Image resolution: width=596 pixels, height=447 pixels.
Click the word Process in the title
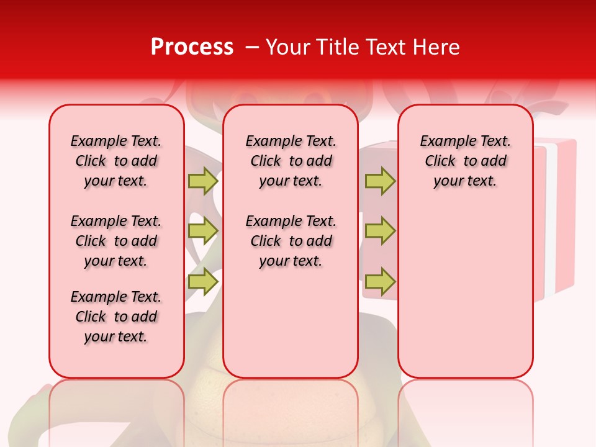pos(192,47)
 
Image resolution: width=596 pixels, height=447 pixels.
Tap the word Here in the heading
pos(436,47)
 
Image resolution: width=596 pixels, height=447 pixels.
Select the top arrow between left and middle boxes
pos(203,181)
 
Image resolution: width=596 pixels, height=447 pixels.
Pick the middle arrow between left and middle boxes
pos(203,231)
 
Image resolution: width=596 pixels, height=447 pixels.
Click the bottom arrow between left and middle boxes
pos(203,282)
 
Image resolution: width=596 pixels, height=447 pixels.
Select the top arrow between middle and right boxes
pos(380,181)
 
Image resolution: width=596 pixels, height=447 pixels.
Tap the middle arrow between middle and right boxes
pos(380,231)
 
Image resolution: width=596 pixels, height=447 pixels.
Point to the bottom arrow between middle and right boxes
pos(380,282)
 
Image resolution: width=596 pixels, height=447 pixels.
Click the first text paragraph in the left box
pos(116,161)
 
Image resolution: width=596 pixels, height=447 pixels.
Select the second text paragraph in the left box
pos(116,241)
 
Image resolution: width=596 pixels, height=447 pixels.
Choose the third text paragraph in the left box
pos(116,317)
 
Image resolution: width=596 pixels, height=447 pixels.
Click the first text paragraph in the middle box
pos(291,161)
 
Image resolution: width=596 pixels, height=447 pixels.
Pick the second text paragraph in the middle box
pos(291,241)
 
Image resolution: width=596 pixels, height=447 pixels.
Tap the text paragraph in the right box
pos(466,161)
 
